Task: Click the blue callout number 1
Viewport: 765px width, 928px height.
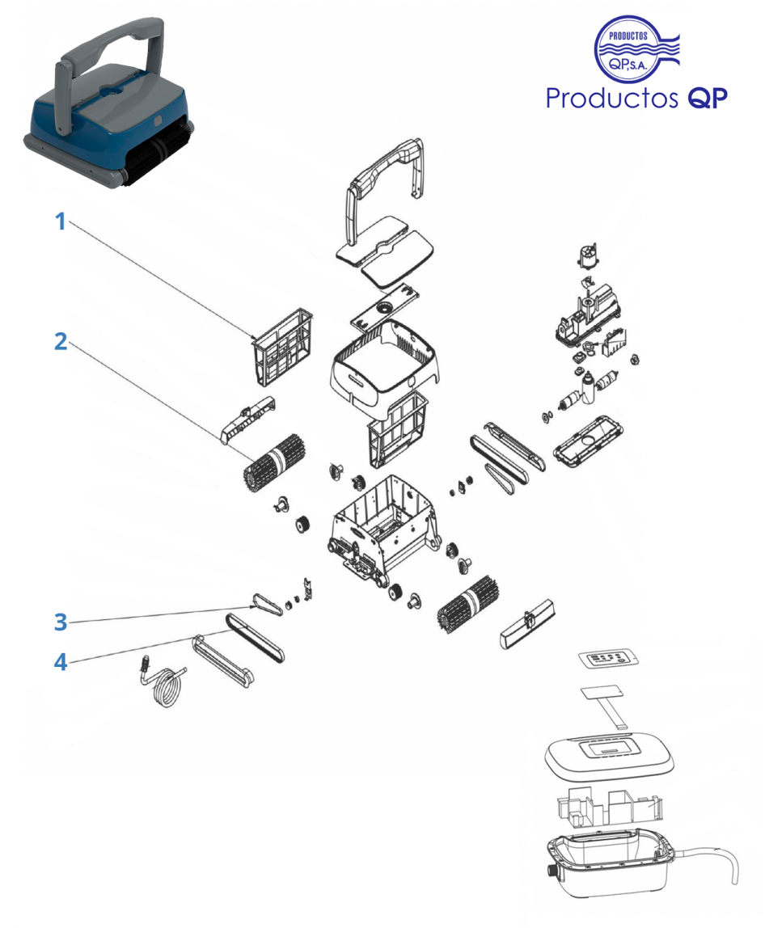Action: pyautogui.click(x=59, y=221)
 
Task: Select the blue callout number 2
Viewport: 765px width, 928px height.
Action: pyautogui.click(x=60, y=341)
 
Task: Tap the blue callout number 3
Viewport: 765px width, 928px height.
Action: pyautogui.click(x=60, y=622)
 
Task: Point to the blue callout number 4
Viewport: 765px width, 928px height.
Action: pyautogui.click(x=60, y=663)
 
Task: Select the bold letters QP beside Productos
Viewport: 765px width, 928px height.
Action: pyautogui.click(x=708, y=98)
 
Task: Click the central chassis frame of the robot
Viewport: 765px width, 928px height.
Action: pyautogui.click(x=379, y=526)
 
